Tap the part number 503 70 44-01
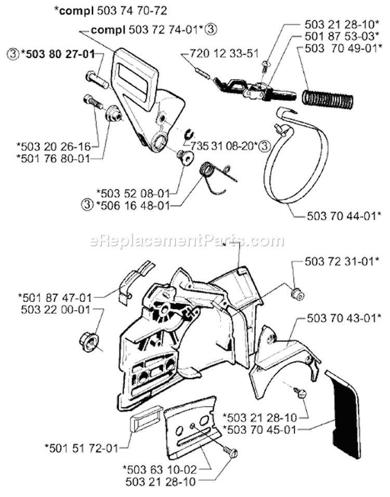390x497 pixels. (344, 216)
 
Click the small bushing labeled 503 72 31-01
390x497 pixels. (298, 295)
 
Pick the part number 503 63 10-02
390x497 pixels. (160, 469)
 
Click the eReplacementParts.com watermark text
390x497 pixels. (187, 241)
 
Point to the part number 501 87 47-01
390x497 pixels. (55, 298)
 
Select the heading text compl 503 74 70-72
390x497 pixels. (110, 11)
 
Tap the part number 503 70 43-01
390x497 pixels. (344, 318)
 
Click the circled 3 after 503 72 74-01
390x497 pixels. (211, 30)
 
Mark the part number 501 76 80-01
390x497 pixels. (54, 158)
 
